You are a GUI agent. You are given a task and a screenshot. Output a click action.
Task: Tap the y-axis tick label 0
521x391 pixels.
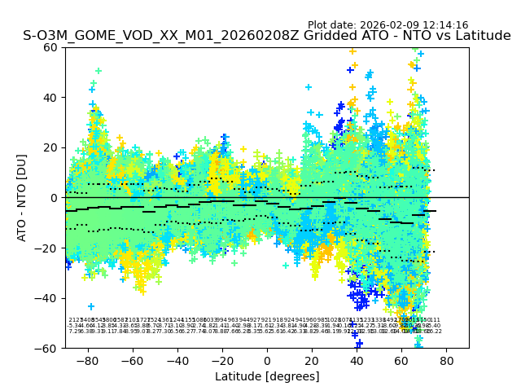tap(55, 198)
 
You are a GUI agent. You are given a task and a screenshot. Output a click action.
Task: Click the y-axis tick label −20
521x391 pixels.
tap(49, 248)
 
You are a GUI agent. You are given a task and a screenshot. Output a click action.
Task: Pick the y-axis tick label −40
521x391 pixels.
tap(49, 298)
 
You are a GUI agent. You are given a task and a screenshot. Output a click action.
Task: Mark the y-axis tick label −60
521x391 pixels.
tap(49, 348)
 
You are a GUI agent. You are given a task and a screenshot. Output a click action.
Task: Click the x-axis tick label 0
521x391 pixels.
tap(267, 360)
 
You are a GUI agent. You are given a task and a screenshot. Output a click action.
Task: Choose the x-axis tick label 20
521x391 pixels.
tap(312, 360)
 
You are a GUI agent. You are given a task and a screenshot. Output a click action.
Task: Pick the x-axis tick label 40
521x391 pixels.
tap(357, 360)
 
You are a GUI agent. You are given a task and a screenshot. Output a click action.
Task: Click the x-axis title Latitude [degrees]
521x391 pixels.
tap(267, 376)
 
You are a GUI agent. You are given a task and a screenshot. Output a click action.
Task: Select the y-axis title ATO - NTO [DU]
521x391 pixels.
tap(22, 198)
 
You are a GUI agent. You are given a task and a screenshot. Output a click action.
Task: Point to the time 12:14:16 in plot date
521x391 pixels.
tap(445, 25)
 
